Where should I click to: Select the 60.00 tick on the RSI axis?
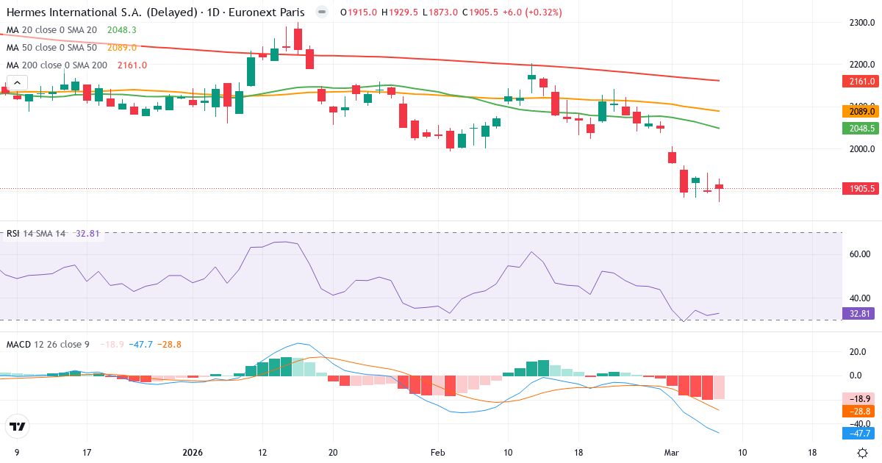[x=860, y=254]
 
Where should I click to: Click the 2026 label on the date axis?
[x=193, y=452]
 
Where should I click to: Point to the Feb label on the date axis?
[x=437, y=452]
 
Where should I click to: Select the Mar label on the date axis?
[x=671, y=452]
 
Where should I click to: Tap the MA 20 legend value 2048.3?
[x=122, y=30]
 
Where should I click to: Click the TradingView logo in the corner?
[x=18, y=426]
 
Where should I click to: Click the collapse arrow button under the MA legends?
[x=17, y=83]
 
